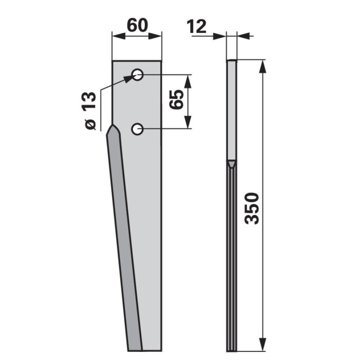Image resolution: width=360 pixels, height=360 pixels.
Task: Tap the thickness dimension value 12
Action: point(196,27)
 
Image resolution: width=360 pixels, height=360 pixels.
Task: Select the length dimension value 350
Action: point(252,209)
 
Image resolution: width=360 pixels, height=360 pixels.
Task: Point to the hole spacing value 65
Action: point(176,99)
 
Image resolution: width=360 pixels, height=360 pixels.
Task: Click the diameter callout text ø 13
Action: point(90,110)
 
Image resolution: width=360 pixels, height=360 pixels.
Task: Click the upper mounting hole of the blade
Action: point(137,75)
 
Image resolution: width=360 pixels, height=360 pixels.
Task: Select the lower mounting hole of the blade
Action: point(137,129)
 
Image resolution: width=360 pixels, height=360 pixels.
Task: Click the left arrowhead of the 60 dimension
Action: point(119,36)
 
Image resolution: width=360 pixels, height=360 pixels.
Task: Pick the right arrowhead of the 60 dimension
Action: point(155,36)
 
